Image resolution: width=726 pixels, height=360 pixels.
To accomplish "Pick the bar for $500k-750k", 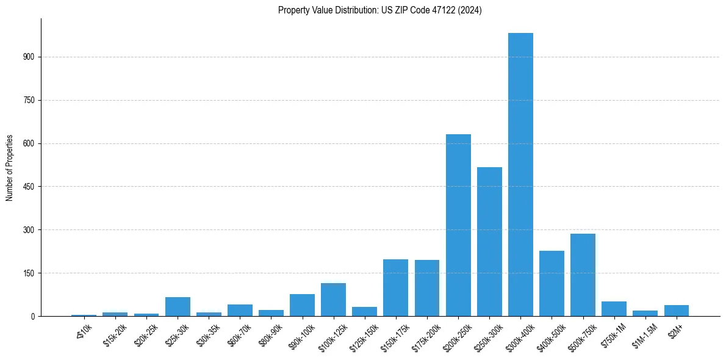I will [x=583, y=275].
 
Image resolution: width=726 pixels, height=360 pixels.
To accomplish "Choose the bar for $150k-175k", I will [x=395, y=287].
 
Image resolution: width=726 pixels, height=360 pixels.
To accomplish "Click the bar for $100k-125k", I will [x=333, y=300].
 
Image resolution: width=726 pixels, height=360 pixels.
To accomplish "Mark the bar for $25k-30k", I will [x=178, y=306].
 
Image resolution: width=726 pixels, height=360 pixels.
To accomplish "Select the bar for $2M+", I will [x=676, y=311].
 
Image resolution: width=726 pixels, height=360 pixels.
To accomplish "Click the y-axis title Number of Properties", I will [x=9, y=168].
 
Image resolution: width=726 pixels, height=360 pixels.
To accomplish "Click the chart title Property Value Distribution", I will [x=379, y=10].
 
